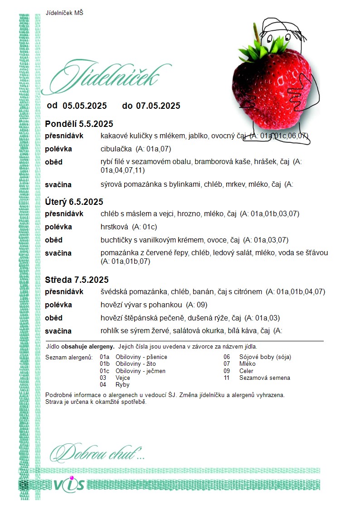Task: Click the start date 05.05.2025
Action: pyautogui.click(x=85, y=106)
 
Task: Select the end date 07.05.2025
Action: pyautogui.click(x=158, y=106)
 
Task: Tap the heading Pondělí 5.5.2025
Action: pyautogui.click(x=79, y=124)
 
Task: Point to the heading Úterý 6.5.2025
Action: pyautogui.click(x=74, y=202)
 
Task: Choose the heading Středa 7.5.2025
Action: pyautogui.click(x=77, y=280)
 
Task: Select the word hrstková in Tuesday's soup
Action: pyautogui.click(x=113, y=227)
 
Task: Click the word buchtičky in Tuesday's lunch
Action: pyautogui.click(x=116, y=240)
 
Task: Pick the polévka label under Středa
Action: pyautogui.click(x=58, y=305)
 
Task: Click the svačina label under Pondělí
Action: pyautogui.click(x=58, y=184)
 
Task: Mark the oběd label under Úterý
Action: pyautogui.click(x=54, y=240)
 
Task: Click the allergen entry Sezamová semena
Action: pyautogui.click(x=264, y=378)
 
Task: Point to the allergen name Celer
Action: pyautogui.click(x=246, y=371)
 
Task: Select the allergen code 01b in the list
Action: pyautogui.click(x=104, y=364)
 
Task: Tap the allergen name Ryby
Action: pyautogui.click(x=122, y=385)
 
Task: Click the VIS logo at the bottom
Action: pyautogui.click(x=69, y=485)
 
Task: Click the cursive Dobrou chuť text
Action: pyautogui.click(x=97, y=452)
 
